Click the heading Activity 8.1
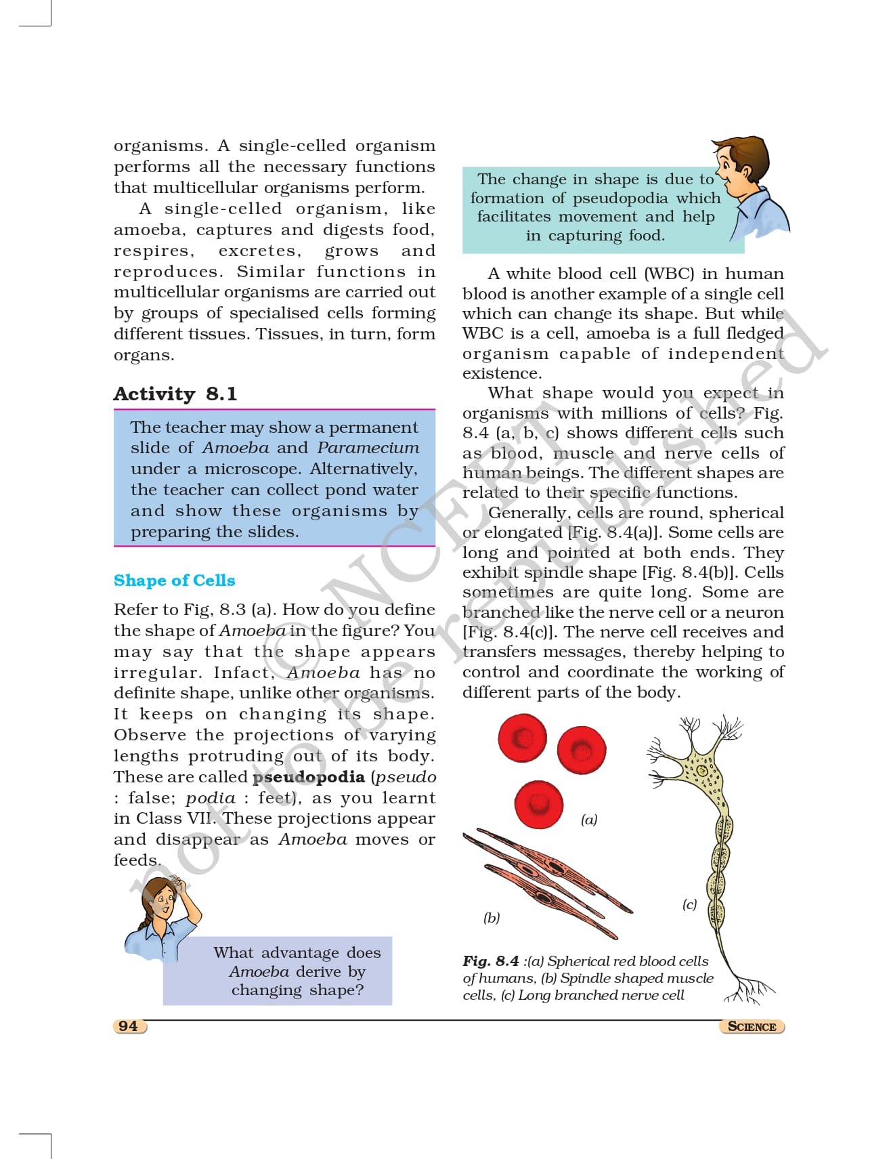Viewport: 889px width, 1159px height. point(175,394)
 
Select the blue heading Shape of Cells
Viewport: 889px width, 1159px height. point(174,581)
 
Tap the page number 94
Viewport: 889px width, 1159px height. point(128,1026)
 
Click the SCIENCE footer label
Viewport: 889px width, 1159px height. point(752,1026)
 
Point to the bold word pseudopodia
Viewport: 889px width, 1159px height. point(308,777)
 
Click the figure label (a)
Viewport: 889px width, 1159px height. point(589,820)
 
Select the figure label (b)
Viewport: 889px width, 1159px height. point(492,918)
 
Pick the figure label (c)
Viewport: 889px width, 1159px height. point(689,904)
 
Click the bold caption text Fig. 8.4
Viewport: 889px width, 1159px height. point(491,961)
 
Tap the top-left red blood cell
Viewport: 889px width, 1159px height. point(522,737)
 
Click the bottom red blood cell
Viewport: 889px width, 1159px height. point(538,805)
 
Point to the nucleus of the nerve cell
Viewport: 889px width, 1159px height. point(702,771)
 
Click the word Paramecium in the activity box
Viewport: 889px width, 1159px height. point(368,448)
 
